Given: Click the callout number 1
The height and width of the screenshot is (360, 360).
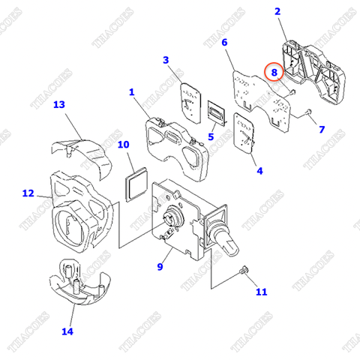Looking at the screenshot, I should pos(131,92).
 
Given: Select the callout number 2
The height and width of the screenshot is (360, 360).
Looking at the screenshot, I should pos(277,11).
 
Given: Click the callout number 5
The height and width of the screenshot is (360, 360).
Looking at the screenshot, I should pos(211,137).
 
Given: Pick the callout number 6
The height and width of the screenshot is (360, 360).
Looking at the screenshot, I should pos(223,43).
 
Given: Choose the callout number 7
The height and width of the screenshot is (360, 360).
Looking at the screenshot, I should pos(321,130).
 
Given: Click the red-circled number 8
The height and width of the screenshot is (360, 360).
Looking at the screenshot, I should pos(274,73).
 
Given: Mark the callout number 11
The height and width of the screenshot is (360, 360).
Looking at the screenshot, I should pos(260,292).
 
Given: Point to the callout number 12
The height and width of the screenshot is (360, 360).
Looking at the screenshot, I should pos(28,193).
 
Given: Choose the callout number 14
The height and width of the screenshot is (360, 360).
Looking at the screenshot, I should pos(67,330).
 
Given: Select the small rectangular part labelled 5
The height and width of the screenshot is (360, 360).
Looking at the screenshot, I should pos(216,113).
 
